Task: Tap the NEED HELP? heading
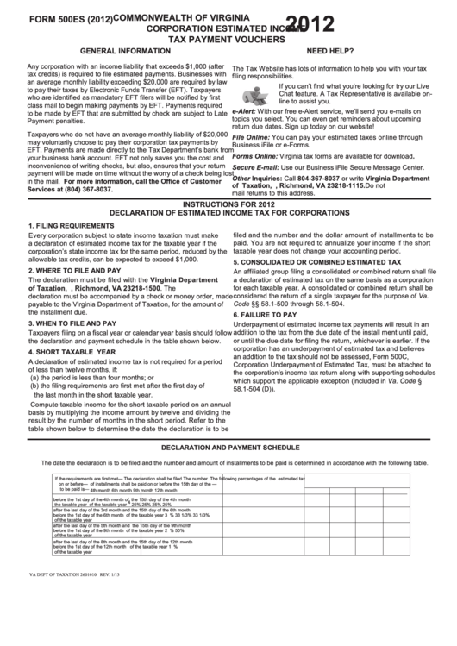click(335, 52)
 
